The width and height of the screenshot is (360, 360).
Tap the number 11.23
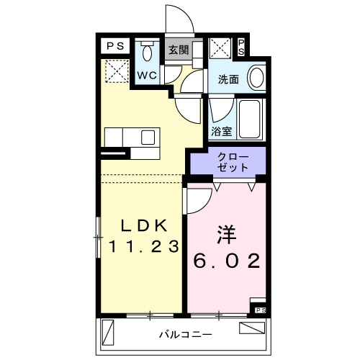point(143,246)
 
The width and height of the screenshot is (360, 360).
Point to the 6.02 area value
point(227,260)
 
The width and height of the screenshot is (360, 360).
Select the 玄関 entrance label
point(179,50)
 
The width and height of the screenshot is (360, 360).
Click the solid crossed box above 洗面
point(220,49)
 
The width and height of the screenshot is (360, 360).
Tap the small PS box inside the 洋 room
point(259,310)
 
